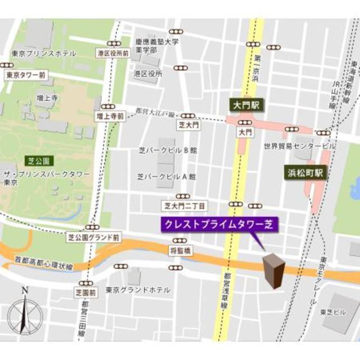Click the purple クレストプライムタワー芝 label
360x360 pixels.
(219, 224)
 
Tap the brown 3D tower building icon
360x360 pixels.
(275, 271)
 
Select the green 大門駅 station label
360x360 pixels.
(245, 105)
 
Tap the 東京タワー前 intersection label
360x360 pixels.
(25, 74)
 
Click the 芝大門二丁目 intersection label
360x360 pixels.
(184, 206)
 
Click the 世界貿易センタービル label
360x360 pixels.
(299, 146)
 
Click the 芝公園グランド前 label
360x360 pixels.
(93, 237)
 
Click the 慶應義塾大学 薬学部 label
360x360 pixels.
(157, 46)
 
